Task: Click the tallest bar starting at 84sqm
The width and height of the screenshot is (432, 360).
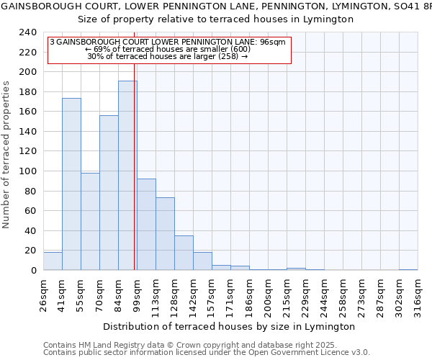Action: [x=127, y=176]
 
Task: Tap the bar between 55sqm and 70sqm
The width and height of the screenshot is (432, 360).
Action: [x=90, y=222]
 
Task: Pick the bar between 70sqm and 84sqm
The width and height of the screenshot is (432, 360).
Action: [x=109, y=193]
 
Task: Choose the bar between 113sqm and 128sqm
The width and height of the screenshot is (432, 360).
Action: [x=165, y=234]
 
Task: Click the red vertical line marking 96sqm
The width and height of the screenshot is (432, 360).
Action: [x=135, y=173]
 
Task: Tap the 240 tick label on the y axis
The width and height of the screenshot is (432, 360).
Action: [x=27, y=32]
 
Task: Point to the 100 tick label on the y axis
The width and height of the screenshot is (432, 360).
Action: [x=27, y=171]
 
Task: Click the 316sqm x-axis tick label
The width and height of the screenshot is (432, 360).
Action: [x=418, y=293]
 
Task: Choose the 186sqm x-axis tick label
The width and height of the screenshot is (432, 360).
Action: [x=249, y=293]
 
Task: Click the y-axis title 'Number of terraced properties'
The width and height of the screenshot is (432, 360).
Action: [x=6, y=155]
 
